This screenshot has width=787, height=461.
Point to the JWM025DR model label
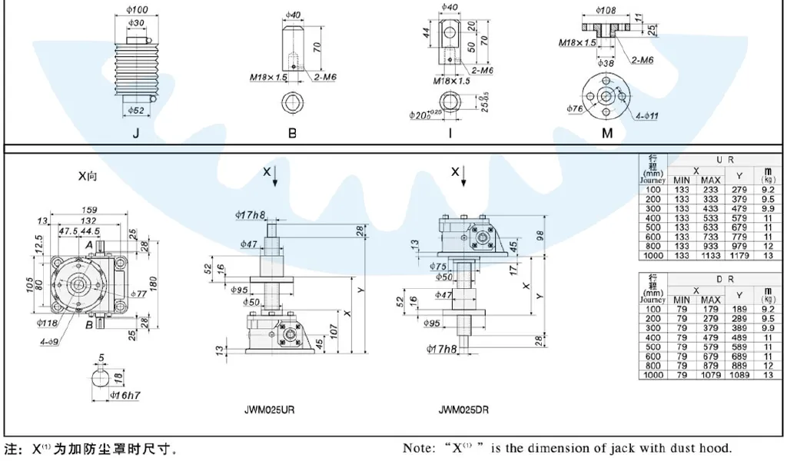point(463,410)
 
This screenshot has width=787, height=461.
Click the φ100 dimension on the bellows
point(137,9)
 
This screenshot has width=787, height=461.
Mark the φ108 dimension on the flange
point(607,10)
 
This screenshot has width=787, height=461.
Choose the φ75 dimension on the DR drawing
point(439,266)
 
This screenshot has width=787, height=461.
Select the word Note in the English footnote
point(420,448)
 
